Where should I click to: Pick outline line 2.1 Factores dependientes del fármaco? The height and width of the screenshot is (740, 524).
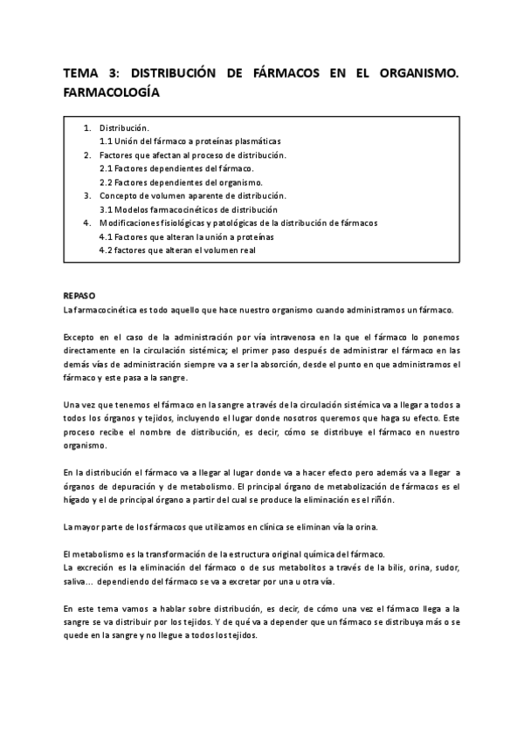(x=176, y=168)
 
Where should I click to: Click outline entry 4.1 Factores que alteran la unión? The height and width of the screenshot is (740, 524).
(x=186, y=236)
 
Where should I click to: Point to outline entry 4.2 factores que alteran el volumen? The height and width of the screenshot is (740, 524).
(x=177, y=250)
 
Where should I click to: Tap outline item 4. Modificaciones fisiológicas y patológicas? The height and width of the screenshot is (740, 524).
(x=238, y=223)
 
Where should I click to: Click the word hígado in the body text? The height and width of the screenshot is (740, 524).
(x=79, y=500)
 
